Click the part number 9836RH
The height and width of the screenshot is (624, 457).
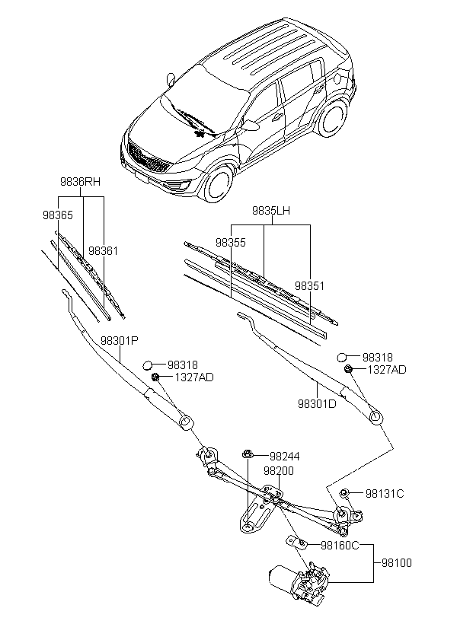coord(80,182)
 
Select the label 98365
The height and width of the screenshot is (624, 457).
coord(57,215)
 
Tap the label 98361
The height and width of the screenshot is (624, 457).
coord(102,250)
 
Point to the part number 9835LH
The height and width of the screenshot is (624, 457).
coord(272,210)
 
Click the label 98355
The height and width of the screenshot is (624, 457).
coord(230,243)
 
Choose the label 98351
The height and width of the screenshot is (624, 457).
coord(310,285)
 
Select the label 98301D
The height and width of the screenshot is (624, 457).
coord(316,403)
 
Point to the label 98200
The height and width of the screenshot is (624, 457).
coord(279,471)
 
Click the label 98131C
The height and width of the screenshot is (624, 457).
coord(384,494)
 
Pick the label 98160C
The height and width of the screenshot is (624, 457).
coord(339,545)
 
